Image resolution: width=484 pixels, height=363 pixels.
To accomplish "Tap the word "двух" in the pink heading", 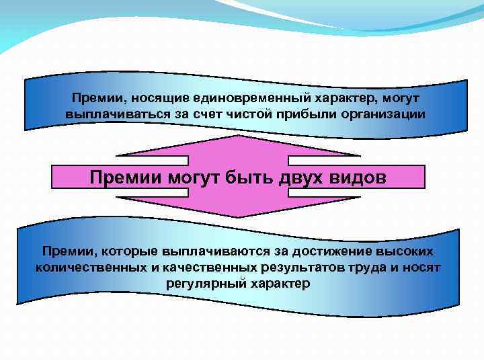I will tap(295, 177).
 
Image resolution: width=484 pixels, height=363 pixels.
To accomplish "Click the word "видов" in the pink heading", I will tap(357, 177).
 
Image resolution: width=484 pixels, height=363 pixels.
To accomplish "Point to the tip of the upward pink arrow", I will tap(239, 136).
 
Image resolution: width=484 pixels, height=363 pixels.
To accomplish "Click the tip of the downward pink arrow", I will tap(239, 216).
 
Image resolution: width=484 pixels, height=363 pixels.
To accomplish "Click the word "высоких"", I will tap(401, 251).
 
